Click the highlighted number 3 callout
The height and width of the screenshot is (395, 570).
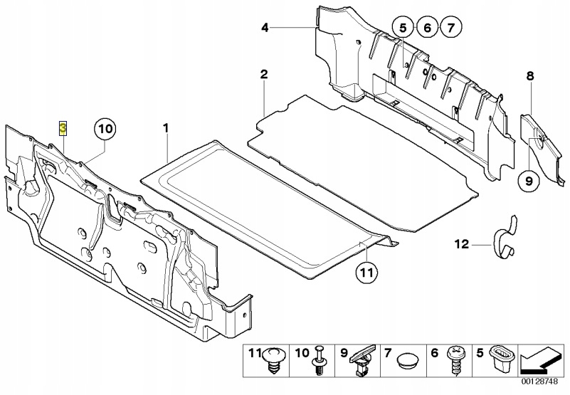pyautogui.click(x=63, y=128)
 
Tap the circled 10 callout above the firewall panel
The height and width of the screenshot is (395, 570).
pyautogui.click(x=104, y=130)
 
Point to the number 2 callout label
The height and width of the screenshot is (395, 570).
pyautogui.click(x=264, y=74)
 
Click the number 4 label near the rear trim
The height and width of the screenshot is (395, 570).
pyautogui.click(x=264, y=28)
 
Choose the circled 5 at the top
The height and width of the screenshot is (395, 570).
pyautogui.click(x=402, y=28)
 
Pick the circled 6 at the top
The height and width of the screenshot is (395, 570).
pyautogui.click(x=426, y=28)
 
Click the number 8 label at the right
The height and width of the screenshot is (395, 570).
pyautogui.click(x=529, y=75)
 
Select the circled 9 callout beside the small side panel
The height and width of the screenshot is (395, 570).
pyautogui.click(x=529, y=182)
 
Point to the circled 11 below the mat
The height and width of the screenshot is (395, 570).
pyautogui.click(x=364, y=272)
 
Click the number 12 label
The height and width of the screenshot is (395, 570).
pyautogui.click(x=463, y=245)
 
